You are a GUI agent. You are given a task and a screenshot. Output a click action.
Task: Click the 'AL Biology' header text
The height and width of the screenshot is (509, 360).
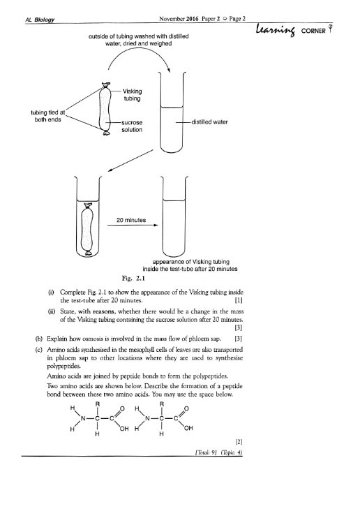click(40, 20)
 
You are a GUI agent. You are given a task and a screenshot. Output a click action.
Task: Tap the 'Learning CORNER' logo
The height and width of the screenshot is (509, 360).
click(294, 30)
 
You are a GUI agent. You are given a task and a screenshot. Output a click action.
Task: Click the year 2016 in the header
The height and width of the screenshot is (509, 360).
click(192, 19)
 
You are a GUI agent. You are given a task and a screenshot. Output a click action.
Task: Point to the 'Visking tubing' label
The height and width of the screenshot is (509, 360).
click(132, 95)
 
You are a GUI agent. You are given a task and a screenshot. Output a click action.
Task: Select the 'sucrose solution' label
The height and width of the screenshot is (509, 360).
click(132, 126)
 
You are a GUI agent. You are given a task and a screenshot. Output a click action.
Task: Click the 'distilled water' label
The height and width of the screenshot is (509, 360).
click(209, 122)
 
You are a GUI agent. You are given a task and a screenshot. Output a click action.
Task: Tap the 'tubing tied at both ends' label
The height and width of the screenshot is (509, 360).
click(48, 116)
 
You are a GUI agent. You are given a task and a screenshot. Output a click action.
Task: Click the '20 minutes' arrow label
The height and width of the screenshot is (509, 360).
click(131, 220)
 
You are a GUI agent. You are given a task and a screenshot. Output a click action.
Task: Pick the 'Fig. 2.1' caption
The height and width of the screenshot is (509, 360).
click(133, 278)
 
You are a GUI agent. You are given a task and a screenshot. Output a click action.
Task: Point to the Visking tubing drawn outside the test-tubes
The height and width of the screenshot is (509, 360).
click(105, 109)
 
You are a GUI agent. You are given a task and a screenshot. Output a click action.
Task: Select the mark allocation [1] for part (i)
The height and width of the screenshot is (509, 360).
click(239, 300)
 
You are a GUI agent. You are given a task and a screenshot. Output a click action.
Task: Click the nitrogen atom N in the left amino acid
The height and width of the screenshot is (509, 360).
click(83, 418)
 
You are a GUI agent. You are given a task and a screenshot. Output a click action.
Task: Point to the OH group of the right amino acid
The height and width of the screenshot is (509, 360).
click(188, 429)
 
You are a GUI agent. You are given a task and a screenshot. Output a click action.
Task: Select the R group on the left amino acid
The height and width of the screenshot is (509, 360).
click(97, 404)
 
